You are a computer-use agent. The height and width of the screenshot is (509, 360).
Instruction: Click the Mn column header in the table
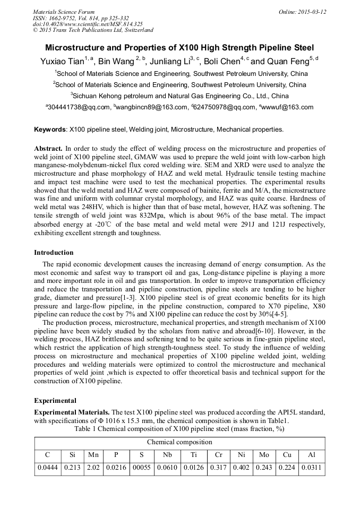93,455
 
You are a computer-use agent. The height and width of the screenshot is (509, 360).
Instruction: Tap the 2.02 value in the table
93,468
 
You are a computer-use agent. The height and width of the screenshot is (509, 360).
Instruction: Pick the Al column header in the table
311,455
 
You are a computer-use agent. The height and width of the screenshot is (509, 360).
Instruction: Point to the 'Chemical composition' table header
179,442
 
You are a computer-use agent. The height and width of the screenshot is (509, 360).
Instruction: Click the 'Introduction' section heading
54,253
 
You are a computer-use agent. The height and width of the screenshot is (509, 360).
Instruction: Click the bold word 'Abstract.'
48,149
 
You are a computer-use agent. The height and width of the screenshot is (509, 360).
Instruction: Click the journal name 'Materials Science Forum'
64,12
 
